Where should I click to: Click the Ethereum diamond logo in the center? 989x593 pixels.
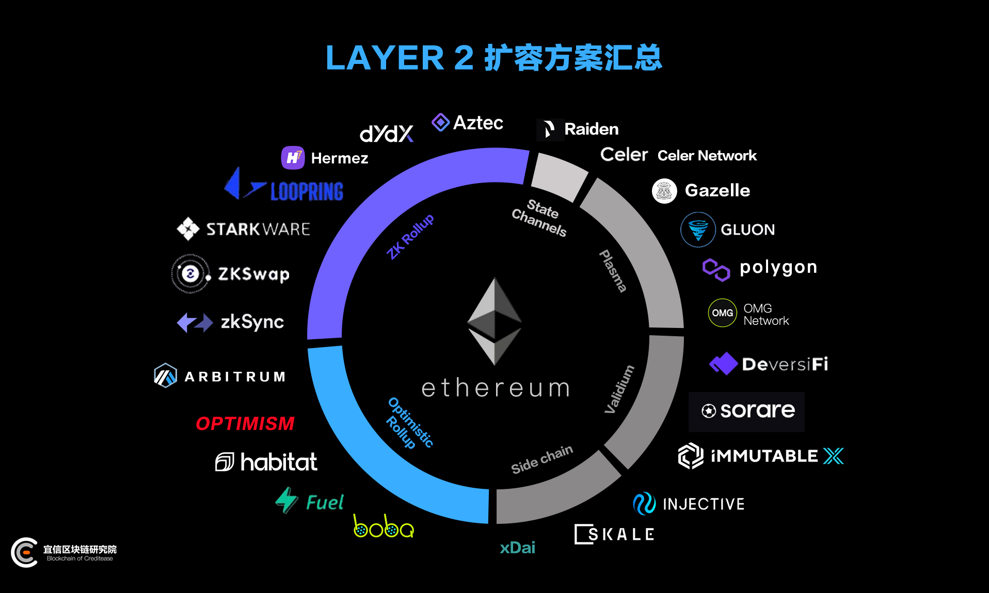tap(494, 321)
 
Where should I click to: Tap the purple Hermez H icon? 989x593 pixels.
tap(293, 157)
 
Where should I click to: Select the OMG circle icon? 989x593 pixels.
tap(722, 313)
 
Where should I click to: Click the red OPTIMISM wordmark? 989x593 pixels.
tap(245, 423)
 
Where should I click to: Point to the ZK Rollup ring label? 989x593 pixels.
tap(410, 236)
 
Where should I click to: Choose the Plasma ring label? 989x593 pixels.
tap(613, 271)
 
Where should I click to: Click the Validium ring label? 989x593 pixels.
tap(619, 389)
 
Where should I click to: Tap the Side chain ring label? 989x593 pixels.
tap(542, 459)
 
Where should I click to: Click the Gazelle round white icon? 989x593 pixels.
tap(664, 191)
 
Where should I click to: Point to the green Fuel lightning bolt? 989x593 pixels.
tap(286, 500)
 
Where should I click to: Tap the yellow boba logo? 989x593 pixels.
tap(384, 526)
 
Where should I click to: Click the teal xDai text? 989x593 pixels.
tap(517, 548)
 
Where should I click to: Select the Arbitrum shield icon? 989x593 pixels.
tap(165, 375)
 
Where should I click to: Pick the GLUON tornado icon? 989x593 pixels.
tap(698, 229)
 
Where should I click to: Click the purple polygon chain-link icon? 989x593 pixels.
tap(716, 270)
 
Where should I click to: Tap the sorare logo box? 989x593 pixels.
tap(746, 411)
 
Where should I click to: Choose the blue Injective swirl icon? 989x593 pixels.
tap(644, 504)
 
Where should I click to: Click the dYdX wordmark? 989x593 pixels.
tap(387, 134)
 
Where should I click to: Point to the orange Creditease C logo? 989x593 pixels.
tap(24, 552)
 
